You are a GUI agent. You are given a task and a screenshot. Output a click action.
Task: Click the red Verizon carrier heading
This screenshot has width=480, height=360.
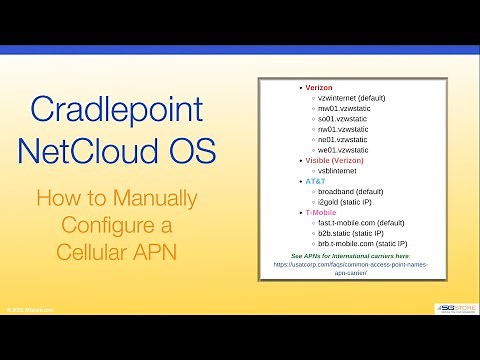tap(320, 89)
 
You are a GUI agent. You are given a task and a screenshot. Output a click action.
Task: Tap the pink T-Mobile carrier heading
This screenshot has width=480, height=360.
tap(323, 213)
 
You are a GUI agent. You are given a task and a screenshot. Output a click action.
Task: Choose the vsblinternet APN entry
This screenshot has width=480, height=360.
tap(337, 171)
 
